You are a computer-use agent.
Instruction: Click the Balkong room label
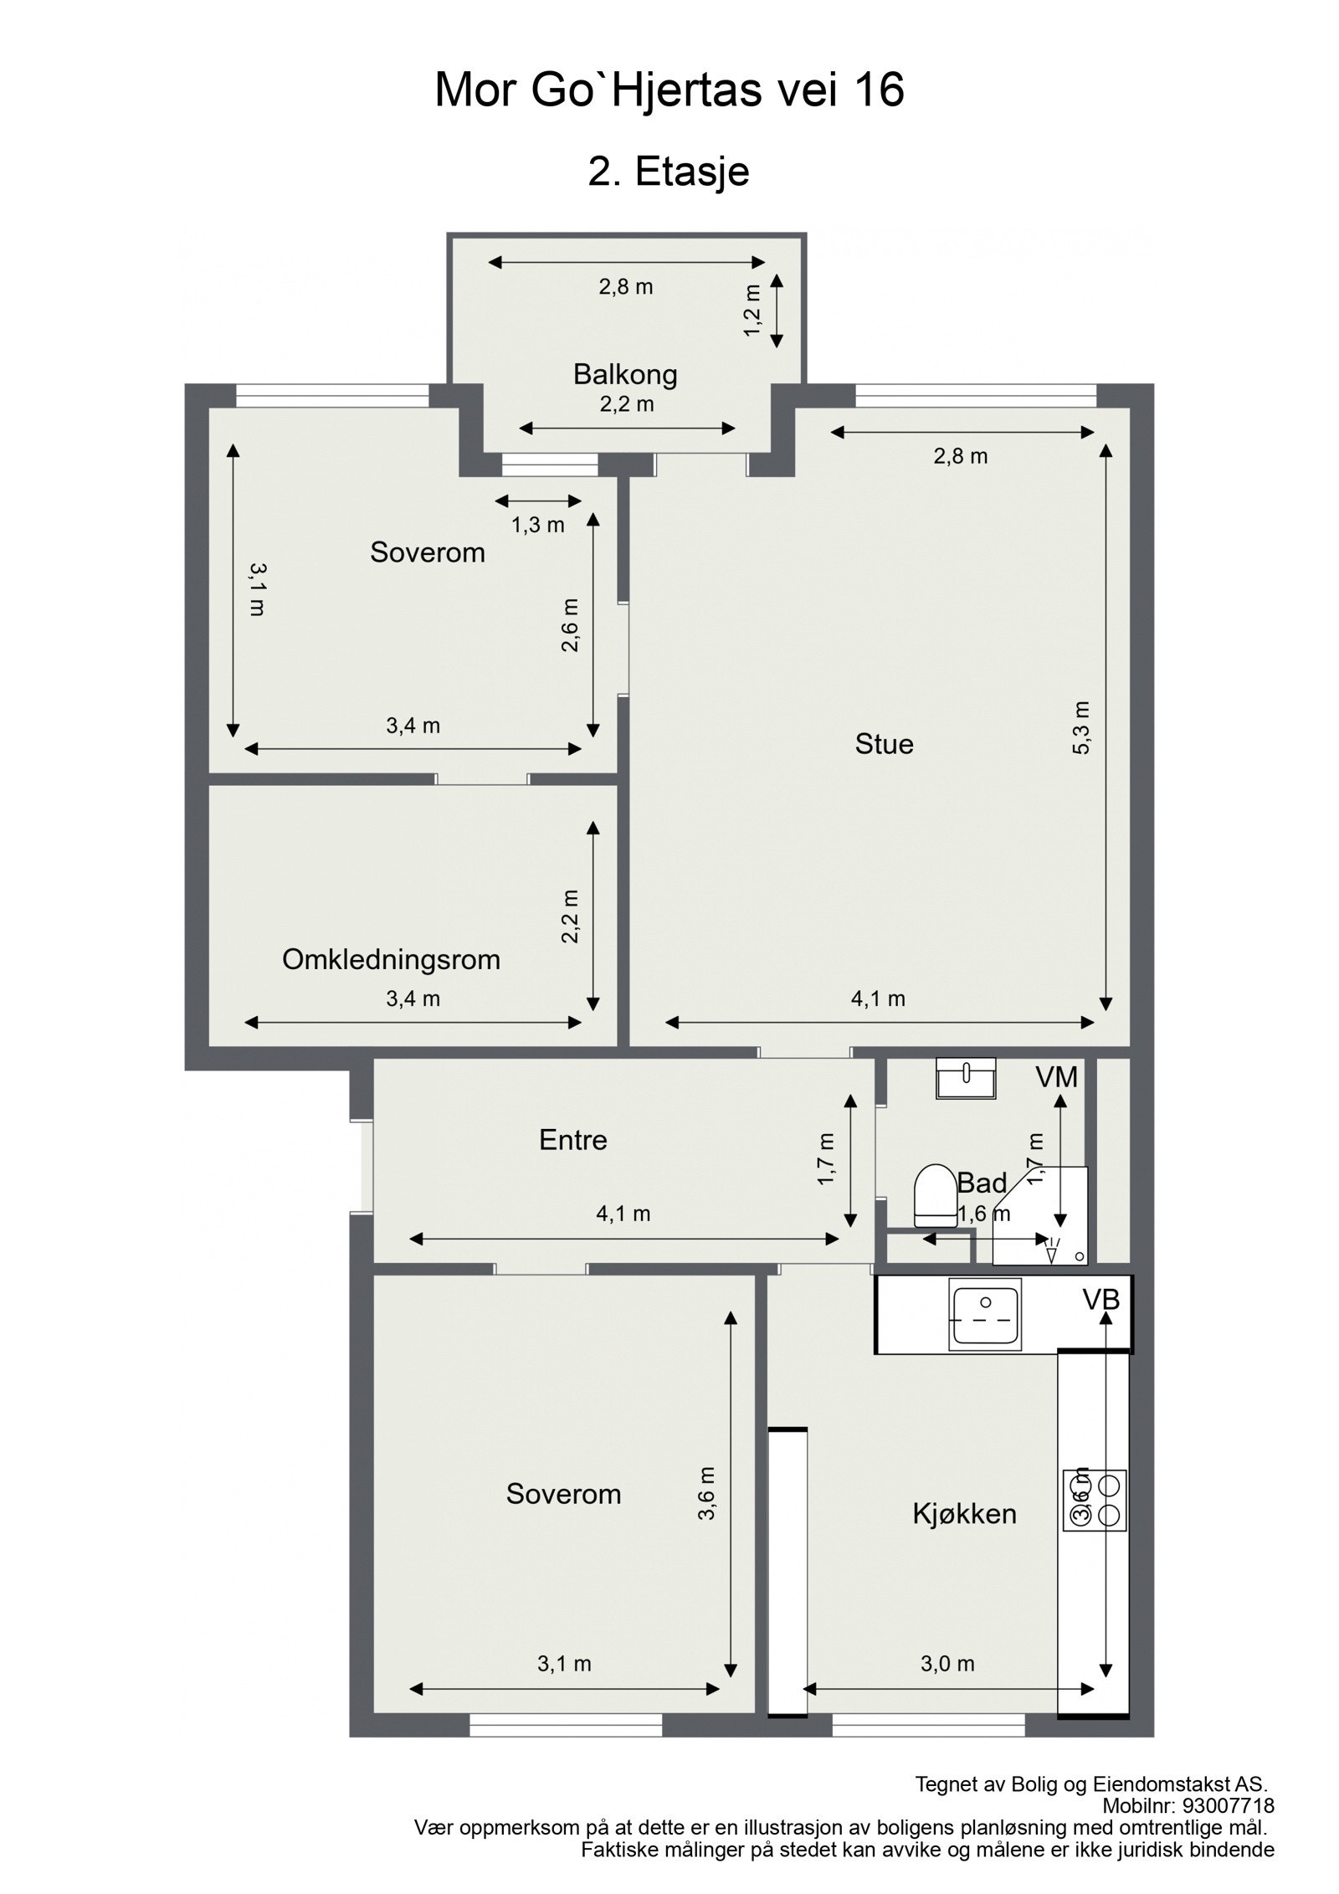point(624,374)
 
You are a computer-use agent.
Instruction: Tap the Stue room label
point(884,743)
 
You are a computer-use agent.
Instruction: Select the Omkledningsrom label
point(391,959)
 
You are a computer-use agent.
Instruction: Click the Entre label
point(572,1140)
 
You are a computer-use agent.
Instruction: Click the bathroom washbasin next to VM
point(966,1077)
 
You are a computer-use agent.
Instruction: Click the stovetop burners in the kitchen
point(1095,1501)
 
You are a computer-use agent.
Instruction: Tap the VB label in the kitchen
point(1100,1299)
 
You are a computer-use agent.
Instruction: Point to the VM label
point(1056,1077)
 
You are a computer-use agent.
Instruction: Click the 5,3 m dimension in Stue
point(1081,727)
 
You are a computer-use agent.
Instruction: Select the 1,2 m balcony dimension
point(753,310)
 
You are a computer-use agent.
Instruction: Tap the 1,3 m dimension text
point(537,525)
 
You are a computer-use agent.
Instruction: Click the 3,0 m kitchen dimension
point(947,1664)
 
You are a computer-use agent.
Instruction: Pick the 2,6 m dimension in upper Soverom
point(570,625)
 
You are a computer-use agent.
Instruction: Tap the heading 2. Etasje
point(668,172)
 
